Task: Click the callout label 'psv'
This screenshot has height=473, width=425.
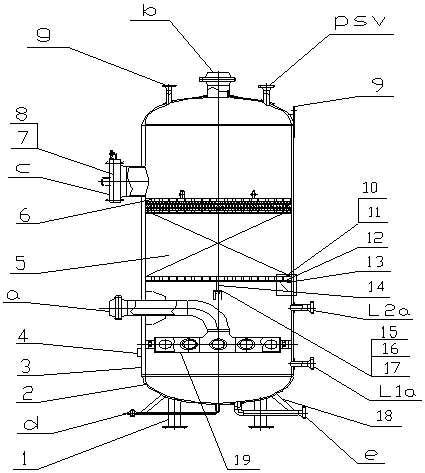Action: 359,22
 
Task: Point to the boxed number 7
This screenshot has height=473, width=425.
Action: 24,136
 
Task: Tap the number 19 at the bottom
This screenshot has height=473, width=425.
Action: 242,460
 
